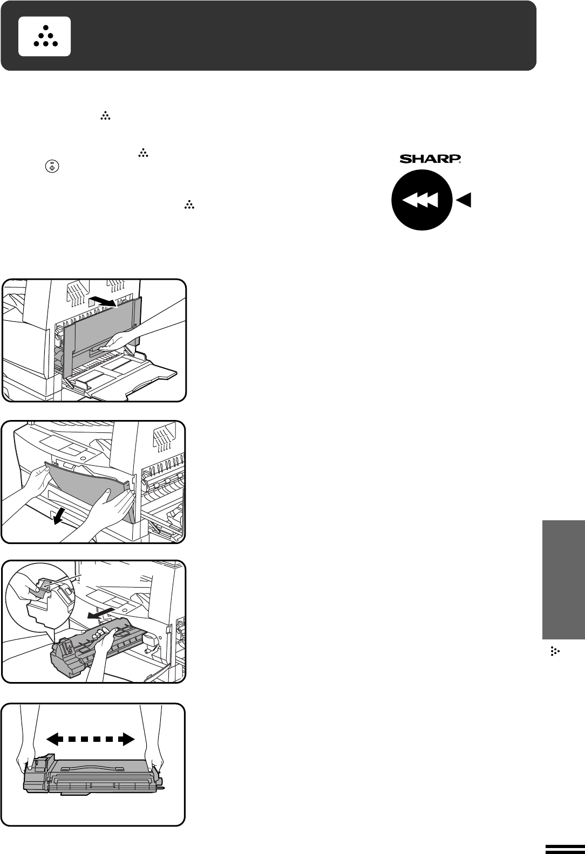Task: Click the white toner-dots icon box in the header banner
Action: pyautogui.click(x=44, y=36)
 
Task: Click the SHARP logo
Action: pyautogui.click(x=430, y=159)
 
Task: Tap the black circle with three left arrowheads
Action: pyautogui.click(x=422, y=201)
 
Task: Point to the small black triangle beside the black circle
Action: pyautogui.click(x=464, y=201)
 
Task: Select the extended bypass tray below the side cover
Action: pyautogui.click(x=130, y=380)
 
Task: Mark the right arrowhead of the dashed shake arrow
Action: pyautogui.click(x=127, y=739)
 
